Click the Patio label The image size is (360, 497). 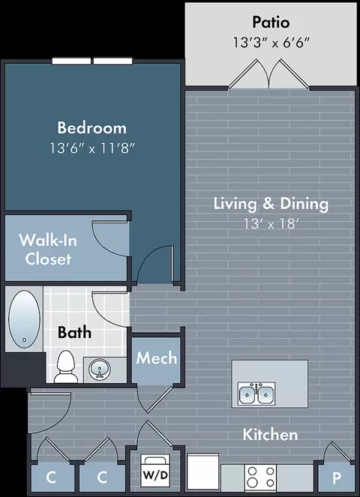pyautogui.click(x=271, y=22)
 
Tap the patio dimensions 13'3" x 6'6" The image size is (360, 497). pyautogui.click(x=271, y=42)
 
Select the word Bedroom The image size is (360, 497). pyautogui.click(x=92, y=127)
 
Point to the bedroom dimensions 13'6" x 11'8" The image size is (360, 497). pyautogui.click(x=92, y=148)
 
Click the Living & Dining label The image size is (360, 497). pyautogui.click(x=271, y=204)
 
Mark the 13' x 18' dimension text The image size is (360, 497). pyautogui.click(x=271, y=224)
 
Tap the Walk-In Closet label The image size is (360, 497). pyautogui.click(x=48, y=250)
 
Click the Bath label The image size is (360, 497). pyautogui.click(x=74, y=333)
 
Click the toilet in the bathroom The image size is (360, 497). pyautogui.click(x=66, y=367)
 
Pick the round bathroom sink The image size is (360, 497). pyautogui.click(x=100, y=370)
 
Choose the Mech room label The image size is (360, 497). pyautogui.click(x=157, y=358)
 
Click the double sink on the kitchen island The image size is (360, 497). pyautogui.click(x=256, y=394)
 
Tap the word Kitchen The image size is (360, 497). pyautogui.click(x=271, y=435)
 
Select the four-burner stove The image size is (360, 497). pyautogui.click(x=260, y=478)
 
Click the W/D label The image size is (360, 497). pyautogui.click(x=155, y=475)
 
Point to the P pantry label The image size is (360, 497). pyautogui.click(x=337, y=478)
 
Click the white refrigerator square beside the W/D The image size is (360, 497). pyautogui.click(x=203, y=472)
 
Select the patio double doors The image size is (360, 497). pyautogui.click(x=268, y=73)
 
